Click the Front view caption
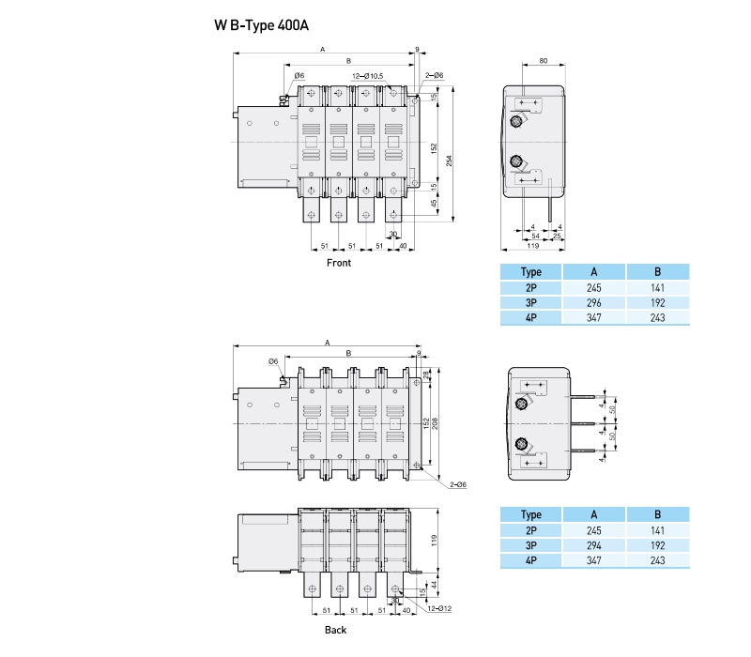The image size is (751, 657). (x=338, y=263)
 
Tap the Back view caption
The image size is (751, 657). (x=335, y=630)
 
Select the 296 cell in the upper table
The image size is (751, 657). (x=594, y=303)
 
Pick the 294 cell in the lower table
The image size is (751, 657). (x=594, y=545)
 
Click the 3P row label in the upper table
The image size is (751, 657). (x=531, y=303)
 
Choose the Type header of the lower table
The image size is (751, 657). (x=531, y=514)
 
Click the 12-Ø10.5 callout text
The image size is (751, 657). (x=366, y=75)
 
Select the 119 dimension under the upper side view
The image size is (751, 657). (x=532, y=245)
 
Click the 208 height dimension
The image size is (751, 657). (x=435, y=420)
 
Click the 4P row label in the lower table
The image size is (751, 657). (x=531, y=560)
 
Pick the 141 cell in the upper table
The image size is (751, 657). (x=658, y=288)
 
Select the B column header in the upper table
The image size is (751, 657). (x=658, y=272)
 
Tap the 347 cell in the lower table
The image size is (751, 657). (x=594, y=560)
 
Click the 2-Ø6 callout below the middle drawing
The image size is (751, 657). (x=458, y=484)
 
